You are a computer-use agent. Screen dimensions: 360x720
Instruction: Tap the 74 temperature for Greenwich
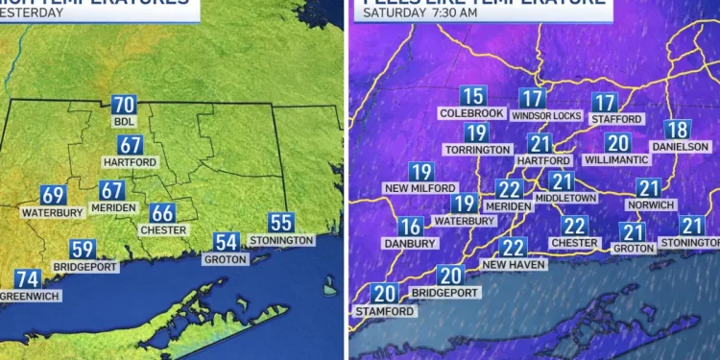[28, 280]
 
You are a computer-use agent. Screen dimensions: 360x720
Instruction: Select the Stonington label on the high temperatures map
[281, 240]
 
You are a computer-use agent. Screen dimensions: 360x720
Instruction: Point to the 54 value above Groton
[227, 243]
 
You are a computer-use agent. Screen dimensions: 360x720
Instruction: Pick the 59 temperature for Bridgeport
[84, 250]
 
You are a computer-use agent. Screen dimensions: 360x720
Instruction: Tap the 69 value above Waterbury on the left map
[53, 195]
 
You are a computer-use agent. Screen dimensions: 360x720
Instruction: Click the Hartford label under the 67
[130, 163]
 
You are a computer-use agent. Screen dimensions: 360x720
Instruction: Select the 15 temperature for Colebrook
[471, 96]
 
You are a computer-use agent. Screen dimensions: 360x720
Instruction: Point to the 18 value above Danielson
[677, 130]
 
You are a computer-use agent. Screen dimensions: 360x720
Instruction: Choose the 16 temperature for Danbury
[411, 227]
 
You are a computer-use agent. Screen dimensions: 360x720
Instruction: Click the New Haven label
[514, 264]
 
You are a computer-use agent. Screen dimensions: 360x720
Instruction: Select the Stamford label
[385, 311]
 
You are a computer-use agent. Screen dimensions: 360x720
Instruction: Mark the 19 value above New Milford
[421, 173]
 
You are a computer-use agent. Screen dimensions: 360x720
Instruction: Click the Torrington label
[477, 150]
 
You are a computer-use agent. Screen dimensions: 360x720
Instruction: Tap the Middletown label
[565, 198]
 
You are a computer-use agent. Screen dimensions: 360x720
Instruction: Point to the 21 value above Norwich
[649, 189]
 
